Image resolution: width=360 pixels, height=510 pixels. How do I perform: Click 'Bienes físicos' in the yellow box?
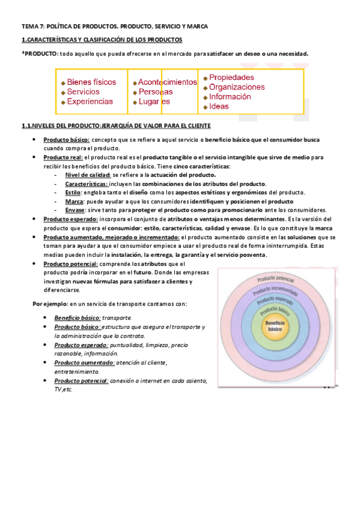pyautogui.click(x=91, y=82)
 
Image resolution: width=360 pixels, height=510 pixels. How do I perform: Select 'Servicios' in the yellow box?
pyautogui.click(x=84, y=91)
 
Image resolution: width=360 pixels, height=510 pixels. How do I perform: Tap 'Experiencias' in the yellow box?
pyautogui.click(x=90, y=102)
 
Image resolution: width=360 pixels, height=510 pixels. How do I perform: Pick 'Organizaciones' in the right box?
pyautogui.click(x=237, y=87)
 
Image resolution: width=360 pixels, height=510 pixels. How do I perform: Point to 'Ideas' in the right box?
pyautogui.click(x=219, y=106)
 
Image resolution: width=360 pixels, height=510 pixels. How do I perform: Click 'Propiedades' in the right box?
pyautogui.click(x=231, y=78)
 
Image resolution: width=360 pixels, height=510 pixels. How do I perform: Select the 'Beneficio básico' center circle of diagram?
pyautogui.click(x=273, y=327)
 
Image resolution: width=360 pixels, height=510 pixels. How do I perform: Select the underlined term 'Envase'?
pyautogui.click(x=75, y=210)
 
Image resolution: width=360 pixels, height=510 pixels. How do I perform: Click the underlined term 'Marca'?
pyautogui.click(x=74, y=201)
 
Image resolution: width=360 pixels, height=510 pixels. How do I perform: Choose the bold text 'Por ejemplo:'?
pyautogui.click(x=49, y=304)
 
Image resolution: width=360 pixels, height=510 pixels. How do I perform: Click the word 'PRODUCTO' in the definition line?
pyautogui.click(x=41, y=54)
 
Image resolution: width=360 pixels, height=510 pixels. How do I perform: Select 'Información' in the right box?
pyautogui.click(x=230, y=97)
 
